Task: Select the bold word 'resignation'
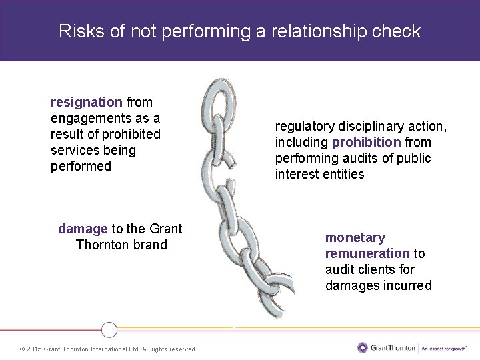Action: (x=87, y=102)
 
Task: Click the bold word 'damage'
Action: (x=83, y=229)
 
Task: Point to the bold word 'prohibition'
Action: (x=367, y=142)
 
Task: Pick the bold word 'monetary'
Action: (x=355, y=237)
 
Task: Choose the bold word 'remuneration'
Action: (x=367, y=253)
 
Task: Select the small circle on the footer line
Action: (x=109, y=329)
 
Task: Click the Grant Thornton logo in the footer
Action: (x=387, y=347)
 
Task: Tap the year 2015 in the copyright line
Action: (x=34, y=349)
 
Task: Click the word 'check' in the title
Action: (x=398, y=31)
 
